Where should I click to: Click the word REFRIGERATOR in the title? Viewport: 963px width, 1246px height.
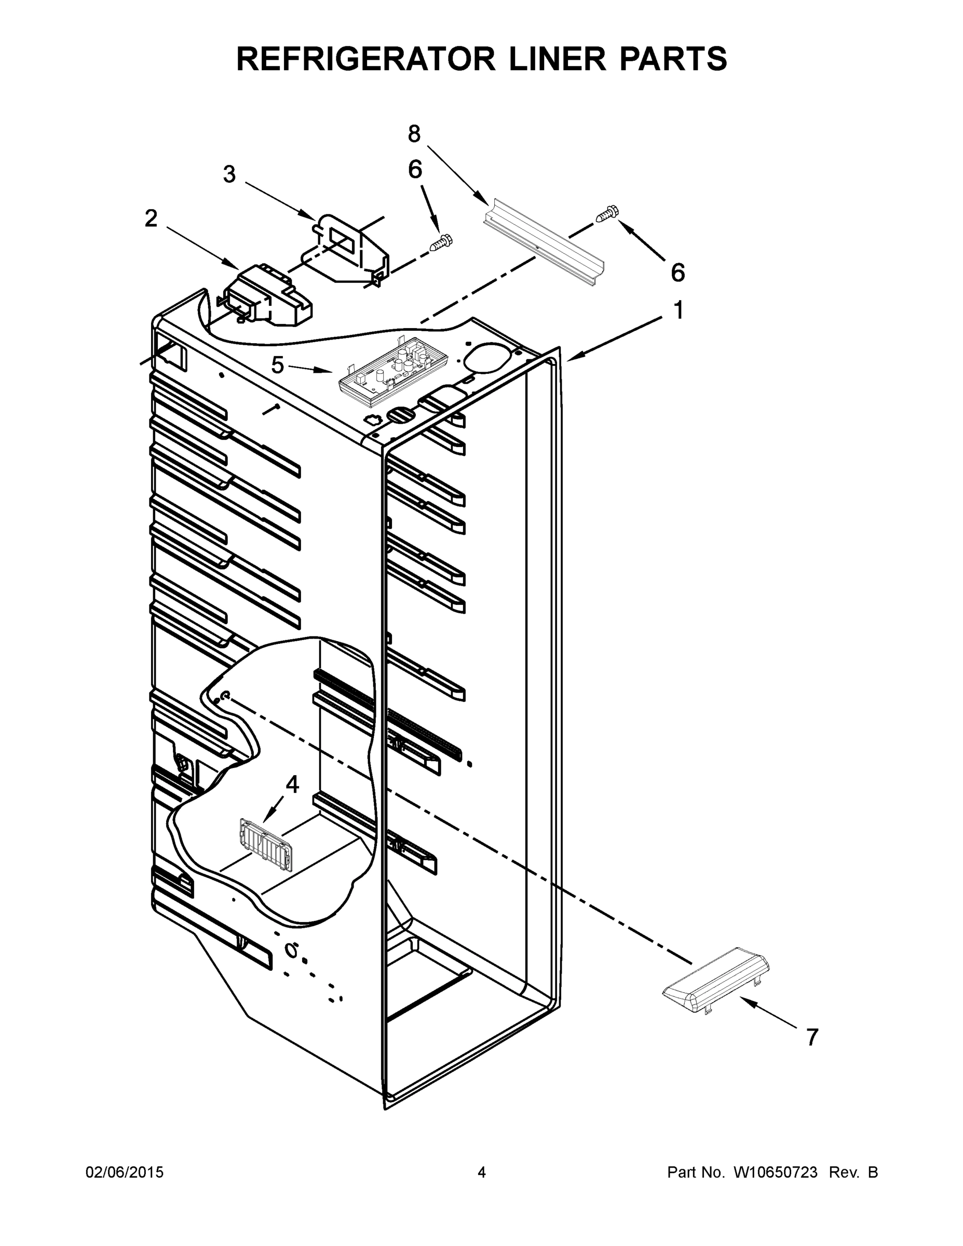(x=365, y=59)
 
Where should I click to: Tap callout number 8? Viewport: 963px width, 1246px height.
(x=414, y=134)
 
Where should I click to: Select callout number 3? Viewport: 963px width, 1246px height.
(x=229, y=174)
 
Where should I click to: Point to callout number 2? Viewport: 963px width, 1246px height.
(x=151, y=219)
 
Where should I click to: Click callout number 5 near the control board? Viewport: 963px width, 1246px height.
(x=277, y=365)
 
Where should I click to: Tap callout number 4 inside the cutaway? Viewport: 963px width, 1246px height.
(x=292, y=785)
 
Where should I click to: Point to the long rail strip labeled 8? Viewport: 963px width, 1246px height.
(x=544, y=242)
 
